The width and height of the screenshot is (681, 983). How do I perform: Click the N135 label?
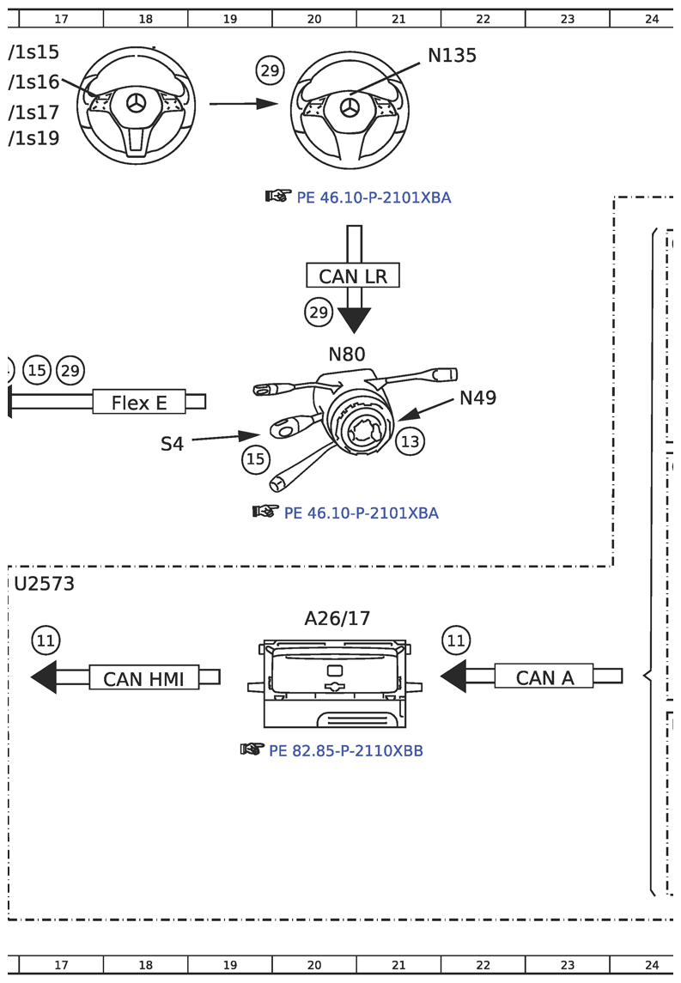point(452,56)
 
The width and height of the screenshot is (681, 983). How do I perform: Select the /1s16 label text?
point(34,82)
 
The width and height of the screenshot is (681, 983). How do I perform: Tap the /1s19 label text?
point(34,138)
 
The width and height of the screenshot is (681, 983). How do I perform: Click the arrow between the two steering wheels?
point(244,104)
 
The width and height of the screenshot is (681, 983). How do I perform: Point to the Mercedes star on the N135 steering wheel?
point(350,108)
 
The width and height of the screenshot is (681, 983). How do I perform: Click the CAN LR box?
point(353,276)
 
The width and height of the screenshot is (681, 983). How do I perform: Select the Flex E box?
point(139,402)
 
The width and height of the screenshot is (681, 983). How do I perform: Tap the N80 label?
point(346,354)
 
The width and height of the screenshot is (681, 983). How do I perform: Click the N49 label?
point(477,397)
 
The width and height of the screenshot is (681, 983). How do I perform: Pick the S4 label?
point(173,444)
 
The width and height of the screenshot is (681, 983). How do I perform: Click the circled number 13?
point(410,441)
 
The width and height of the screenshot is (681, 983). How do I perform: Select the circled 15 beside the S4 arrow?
point(256,459)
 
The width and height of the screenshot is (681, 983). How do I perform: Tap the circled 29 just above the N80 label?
point(319,312)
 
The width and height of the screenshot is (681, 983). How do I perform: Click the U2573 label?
point(45,585)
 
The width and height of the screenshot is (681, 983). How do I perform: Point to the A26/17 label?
point(337,618)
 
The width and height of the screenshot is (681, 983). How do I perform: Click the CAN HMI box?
point(143,678)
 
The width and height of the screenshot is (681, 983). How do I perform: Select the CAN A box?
point(544,677)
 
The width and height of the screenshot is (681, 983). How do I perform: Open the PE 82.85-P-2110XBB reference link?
point(345,751)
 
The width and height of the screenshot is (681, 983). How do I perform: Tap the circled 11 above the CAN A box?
point(456,640)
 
